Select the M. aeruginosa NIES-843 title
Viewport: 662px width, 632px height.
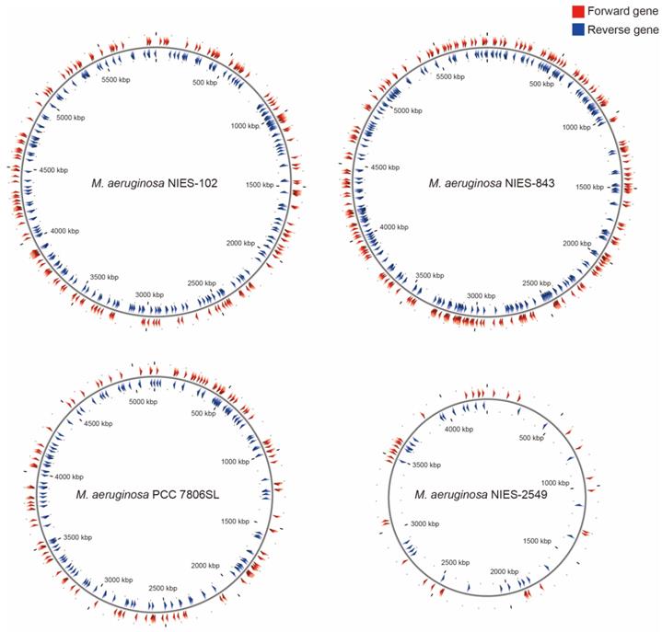click(489, 183)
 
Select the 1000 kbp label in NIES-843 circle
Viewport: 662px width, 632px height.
click(581, 128)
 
